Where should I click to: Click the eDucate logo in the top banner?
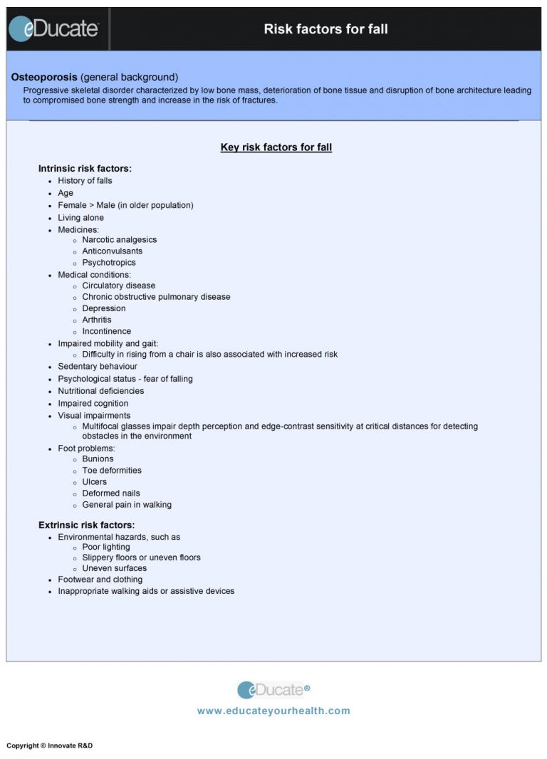pyautogui.click(x=54, y=28)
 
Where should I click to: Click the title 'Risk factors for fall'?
pyautogui.click(x=325, y=29)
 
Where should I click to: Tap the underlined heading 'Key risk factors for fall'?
pyautogui.click(x=276, y=147)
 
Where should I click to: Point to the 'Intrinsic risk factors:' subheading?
pyautogui.click(x=85, y=169)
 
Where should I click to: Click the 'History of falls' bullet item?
pyautogui.click(x=85, y=181)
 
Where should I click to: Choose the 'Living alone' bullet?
pyautogui.click(x=80, y=218)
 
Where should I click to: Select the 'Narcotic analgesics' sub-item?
pyautogui.click(x=119, y=240)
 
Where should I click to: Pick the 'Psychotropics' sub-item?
pyautogui.click(x=108, y=263)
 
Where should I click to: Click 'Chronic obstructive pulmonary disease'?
pyautogui.click(x=156, y=297)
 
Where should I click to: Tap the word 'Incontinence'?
pyautogui.click(x=106, y=331)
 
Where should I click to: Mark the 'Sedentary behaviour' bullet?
pyautogui.click(x=98, y=367)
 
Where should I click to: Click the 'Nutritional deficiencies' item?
pyautogui.click(x=100, y=391)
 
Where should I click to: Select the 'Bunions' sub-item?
pyautogui.click(x=98, y=459)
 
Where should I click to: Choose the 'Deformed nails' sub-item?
pyautogui.click(x=110, y=493)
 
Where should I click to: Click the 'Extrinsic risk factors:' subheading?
pyautogui.click(x=86, y=525)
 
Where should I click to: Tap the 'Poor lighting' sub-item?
pyautogui.click(x=105, y=548)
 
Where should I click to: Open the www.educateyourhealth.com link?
pyautogui.click(x=273, y=711)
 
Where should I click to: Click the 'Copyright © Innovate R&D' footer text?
pyautogui.click(x=49, y=745)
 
